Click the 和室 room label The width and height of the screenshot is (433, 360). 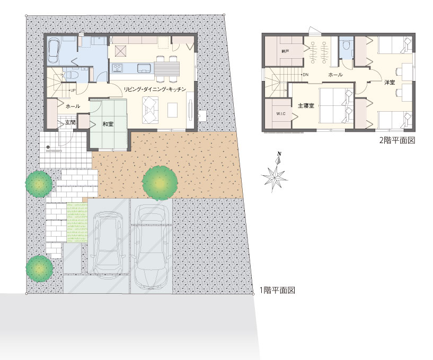tap(108, 124)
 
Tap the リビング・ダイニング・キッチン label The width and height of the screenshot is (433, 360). tap(155, 89)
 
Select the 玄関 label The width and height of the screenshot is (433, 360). tap(70, 122)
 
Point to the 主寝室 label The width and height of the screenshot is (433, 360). tap(306, 105)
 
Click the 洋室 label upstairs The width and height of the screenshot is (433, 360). tap(390, 82)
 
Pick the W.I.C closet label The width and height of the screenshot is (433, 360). tap(281, 113)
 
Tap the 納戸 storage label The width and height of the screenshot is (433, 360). tap(285, 51)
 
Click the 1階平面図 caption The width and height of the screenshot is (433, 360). tap(277, 290)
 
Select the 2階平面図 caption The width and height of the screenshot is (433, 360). tap(397, 140)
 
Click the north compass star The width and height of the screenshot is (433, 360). tap(275, 173)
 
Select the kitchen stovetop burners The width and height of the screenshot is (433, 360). tap(117, 68)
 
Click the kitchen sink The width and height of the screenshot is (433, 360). tap(143, 68)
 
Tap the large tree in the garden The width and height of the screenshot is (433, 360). tap(160, 183)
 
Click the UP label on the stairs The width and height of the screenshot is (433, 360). tap(73, 90)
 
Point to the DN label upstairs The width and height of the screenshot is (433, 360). tap(305, 75)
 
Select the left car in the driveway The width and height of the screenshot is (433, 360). tap(109, 244)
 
